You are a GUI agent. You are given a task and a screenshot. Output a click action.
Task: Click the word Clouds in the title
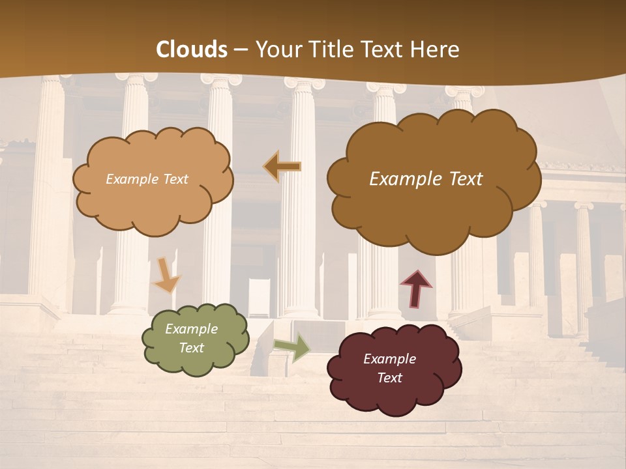coord(192,50)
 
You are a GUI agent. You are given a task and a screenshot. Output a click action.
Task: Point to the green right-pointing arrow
coord(293,347)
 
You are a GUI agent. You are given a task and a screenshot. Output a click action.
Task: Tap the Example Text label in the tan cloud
coord(147,179)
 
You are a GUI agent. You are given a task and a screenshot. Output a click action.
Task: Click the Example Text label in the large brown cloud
coord(426,179)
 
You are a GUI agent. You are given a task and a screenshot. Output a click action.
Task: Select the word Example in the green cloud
coord(191,329)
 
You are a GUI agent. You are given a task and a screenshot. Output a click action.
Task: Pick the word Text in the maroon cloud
coord(389,378)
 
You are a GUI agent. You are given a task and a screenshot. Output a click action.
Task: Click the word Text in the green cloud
coord(191,348)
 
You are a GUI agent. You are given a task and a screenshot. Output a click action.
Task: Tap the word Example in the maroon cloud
coord(389,359)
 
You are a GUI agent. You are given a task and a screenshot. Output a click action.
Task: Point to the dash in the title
coord(241,50)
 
